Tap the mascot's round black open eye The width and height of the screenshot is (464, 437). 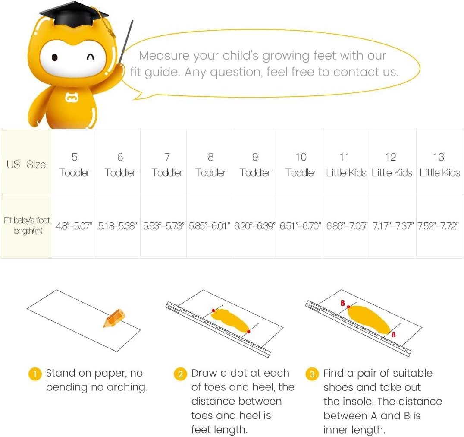click(x=55, y=57)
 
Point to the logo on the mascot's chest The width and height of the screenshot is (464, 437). click(x=72, y=98)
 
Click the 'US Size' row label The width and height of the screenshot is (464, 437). click(x=26, y=164)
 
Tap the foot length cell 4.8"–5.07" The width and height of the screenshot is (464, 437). click(x=74, y=226)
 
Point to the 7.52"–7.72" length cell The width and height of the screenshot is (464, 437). click(x=438, y=226)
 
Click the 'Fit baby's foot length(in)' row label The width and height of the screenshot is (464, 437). click(x=27, y=225)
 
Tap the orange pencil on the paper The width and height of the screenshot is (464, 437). click(x=114, y=318)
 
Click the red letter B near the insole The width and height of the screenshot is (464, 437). click(x=343, y=303)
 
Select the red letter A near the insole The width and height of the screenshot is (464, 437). click(x=394, y=335)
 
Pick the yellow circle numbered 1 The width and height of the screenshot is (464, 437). click(x=35, y=374)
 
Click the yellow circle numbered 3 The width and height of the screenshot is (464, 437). click(x=312, y=374)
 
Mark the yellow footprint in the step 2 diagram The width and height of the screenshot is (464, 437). click(x=231, y=320)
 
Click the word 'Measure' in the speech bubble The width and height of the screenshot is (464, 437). click(x=164, y=56)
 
